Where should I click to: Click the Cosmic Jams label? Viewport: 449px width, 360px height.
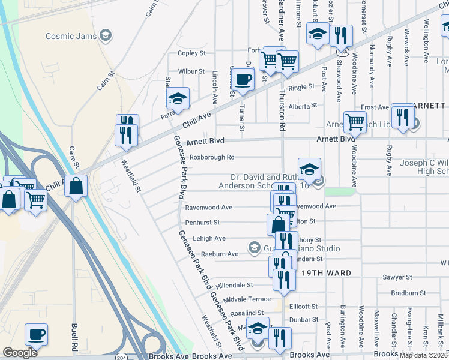(x=70, y=36)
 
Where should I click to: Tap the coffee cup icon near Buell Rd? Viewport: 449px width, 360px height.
(x=37, y=335)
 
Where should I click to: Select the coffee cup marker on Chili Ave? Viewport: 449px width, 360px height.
(x=243, y=80)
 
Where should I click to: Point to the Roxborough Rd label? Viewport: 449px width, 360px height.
(x=212, y=157)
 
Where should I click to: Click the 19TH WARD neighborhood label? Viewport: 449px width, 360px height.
(x=326, y=272)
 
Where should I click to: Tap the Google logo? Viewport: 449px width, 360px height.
(x=20, y=353)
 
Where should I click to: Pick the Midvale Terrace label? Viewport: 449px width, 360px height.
(x=247, y=299)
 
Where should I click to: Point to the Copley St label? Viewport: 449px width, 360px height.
(x=191, y=53)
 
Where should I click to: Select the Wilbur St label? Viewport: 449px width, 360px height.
(x=191, y=71)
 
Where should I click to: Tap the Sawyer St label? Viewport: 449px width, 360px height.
(x=397, y=278)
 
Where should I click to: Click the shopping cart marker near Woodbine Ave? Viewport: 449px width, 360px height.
(x=355, y=122)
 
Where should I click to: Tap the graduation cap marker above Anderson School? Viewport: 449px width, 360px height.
(x=309, y=170)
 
